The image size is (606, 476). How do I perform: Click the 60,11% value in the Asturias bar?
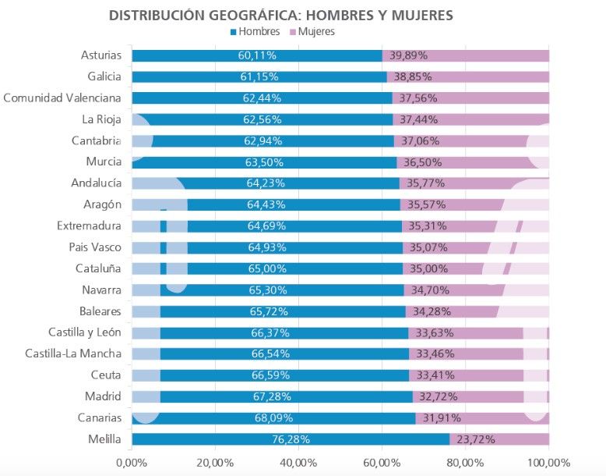tap(257, 56)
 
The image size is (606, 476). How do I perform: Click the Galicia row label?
tap(104, 76)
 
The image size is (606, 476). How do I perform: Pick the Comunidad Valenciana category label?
tap(62, 98)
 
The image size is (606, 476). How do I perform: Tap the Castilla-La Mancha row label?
tap(73, 354)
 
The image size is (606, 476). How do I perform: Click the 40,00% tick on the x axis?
tap(298, 463)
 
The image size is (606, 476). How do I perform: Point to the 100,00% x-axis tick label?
tap(548, 463)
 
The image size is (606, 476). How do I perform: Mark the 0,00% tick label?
tap(131, 463)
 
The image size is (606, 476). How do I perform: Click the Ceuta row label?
tap(107, 375)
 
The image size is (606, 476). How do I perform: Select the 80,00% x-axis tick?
tap(465, 463)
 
